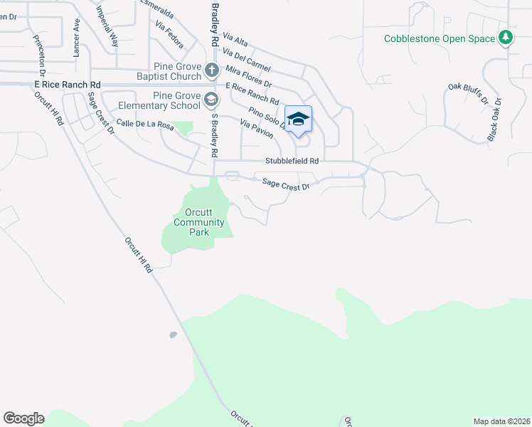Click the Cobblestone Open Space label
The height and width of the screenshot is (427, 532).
439,38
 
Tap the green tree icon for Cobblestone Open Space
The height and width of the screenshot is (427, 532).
506,38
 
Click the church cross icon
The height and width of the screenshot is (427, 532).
211,70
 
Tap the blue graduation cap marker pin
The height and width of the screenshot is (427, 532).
298,120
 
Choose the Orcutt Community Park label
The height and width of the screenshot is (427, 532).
199,223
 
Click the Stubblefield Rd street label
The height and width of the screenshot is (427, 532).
292,162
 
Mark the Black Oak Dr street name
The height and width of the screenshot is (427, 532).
494,119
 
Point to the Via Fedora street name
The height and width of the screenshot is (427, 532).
169,36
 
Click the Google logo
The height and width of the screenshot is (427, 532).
23,418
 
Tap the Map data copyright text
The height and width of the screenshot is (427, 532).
501,421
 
